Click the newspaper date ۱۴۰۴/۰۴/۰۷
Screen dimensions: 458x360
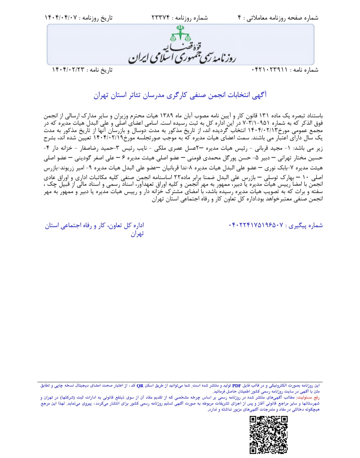coord(61,18)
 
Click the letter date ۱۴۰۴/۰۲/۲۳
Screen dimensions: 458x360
coord(68,70)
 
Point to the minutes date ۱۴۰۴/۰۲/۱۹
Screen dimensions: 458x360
coord(108,137)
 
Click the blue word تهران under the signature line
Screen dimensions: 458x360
coord(137,234)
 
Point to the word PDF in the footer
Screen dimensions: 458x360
coord(236,386)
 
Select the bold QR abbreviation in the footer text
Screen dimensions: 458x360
coord(140,386)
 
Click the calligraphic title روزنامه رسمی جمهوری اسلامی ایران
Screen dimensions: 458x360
coord(182,57)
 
